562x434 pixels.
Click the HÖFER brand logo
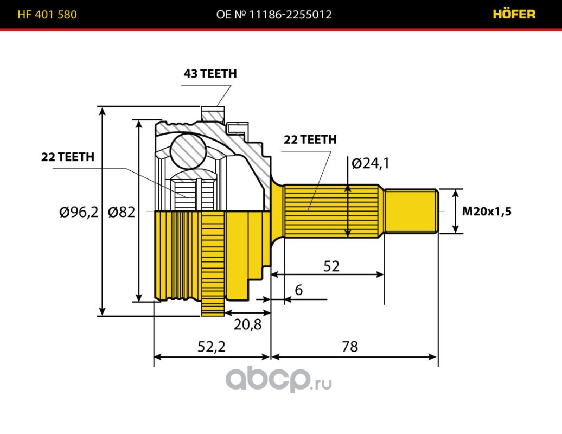coord(514,14)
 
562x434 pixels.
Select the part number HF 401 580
coord(47,15)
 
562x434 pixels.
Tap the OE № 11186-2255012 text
coord(274,15)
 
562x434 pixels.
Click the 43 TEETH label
coord(210,74)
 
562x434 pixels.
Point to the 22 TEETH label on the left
coord(68,157)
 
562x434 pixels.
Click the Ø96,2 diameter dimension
coord(79,212)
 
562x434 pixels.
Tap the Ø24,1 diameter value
coord(371,163)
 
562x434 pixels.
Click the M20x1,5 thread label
coord(487,212)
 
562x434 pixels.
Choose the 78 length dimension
coord(350,346)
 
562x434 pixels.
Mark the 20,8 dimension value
coord(247,324)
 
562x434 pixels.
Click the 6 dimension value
coord(298,290)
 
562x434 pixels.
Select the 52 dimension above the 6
coord(331,266)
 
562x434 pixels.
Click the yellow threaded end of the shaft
coord(411,211)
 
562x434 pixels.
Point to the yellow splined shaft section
coord(331,212)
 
